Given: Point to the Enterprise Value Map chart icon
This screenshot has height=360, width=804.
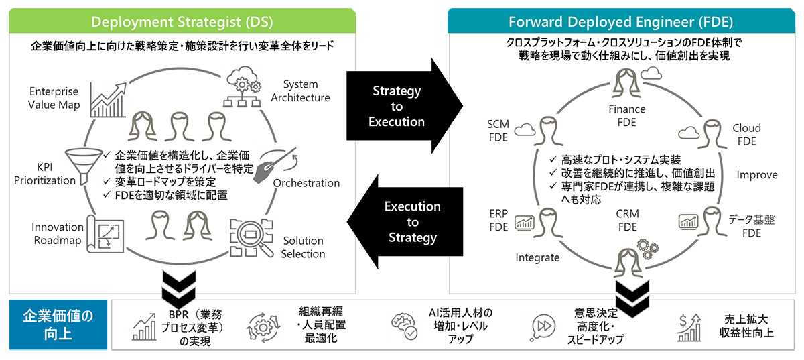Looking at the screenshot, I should (108, 96).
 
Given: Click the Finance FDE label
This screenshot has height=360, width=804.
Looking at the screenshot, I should (626, 115).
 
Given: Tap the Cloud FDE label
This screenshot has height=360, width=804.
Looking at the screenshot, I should (746, 134).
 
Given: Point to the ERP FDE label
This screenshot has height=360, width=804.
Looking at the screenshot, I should (498, 220).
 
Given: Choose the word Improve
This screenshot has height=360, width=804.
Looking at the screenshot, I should (757, 175).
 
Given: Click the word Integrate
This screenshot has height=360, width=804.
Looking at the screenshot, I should (537, 257).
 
